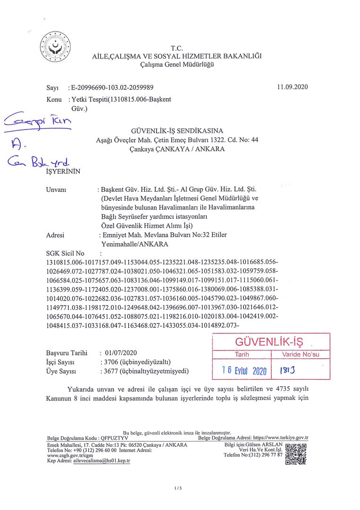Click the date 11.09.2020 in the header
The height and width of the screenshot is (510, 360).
[293, 87]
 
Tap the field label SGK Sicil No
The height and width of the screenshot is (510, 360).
[65, 253]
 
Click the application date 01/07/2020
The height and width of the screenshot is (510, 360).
[122, 353]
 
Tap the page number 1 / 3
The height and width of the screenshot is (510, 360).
[178, 488]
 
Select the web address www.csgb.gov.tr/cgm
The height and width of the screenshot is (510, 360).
[67, 455]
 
